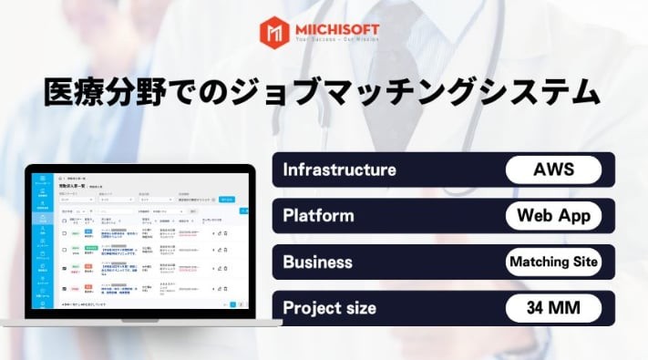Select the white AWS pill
(553, 170)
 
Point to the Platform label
(318, 216)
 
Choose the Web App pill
(553, 216)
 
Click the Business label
(317, 262)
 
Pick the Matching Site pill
(553, 262)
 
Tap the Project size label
(329, 308)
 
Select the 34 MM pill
(553, 308)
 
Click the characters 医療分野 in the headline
(98, 92)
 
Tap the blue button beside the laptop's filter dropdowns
(228, 199)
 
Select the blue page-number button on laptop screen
(232, 304)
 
